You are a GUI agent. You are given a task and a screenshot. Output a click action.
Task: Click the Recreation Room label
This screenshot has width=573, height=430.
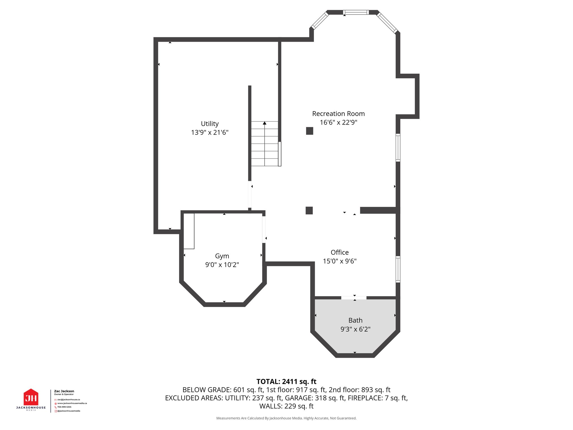click(x=338, y=114)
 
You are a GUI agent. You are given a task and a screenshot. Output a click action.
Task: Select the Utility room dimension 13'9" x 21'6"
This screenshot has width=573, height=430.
click(x=210, y=132)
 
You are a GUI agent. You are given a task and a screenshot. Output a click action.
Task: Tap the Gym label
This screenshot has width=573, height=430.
click(x=222, y=256)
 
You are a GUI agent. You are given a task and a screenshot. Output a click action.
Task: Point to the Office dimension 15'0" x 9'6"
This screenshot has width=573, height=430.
click(x=339, y=261)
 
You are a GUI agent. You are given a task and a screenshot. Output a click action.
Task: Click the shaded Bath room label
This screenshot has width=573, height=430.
click(x=355, y=320)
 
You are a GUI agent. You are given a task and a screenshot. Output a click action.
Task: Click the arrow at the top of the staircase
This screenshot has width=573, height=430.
click(x=264, y=123)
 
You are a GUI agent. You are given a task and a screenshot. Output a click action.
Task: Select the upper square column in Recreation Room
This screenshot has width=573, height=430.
click(x=309, y=131)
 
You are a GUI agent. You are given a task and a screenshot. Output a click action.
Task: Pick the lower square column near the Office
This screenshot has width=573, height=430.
click(x=309, y=211)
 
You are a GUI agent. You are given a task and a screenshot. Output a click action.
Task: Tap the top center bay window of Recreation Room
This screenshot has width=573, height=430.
click(x=356, y=12)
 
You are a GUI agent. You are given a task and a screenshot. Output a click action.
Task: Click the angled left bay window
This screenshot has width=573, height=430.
click(x=320, y=20)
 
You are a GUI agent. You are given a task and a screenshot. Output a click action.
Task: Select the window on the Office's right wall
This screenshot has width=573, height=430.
click(x=398, y=269)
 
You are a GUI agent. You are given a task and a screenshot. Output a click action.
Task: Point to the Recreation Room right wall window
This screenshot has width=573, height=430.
click(x=398, y=148)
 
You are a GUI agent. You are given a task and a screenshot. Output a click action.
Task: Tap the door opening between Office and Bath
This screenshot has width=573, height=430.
click(x=354, y=298)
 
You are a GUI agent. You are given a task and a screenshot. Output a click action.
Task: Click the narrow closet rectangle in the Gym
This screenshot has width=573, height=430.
click(x=189, y=231)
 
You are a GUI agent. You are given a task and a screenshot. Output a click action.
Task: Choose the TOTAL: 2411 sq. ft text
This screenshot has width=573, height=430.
click(x=286, y=382)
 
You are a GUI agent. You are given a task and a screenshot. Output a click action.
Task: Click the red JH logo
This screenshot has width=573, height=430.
click(x=31, y=397)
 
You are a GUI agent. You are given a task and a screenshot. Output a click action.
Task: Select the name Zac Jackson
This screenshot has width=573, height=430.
click(x=64, y=391)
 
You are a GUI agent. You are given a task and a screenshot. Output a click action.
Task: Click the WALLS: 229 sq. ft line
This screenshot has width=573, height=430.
click(x=286, y=406)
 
